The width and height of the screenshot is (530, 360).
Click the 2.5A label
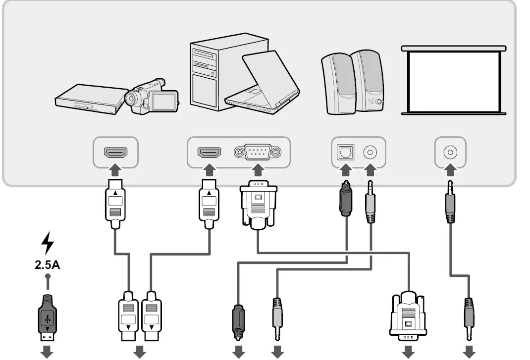click(48, 264)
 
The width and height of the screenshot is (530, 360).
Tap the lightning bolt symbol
click(47, 243)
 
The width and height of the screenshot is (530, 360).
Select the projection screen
click(454, 80)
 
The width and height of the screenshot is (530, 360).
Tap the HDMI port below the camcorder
click(115, 152)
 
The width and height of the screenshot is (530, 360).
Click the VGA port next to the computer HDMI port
click(258, 152)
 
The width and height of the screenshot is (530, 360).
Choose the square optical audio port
click(345, 152)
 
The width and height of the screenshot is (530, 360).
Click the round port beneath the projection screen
click(450, 152)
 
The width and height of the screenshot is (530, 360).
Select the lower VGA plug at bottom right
click(409, 315)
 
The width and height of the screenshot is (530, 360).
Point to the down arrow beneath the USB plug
click(47, 352)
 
